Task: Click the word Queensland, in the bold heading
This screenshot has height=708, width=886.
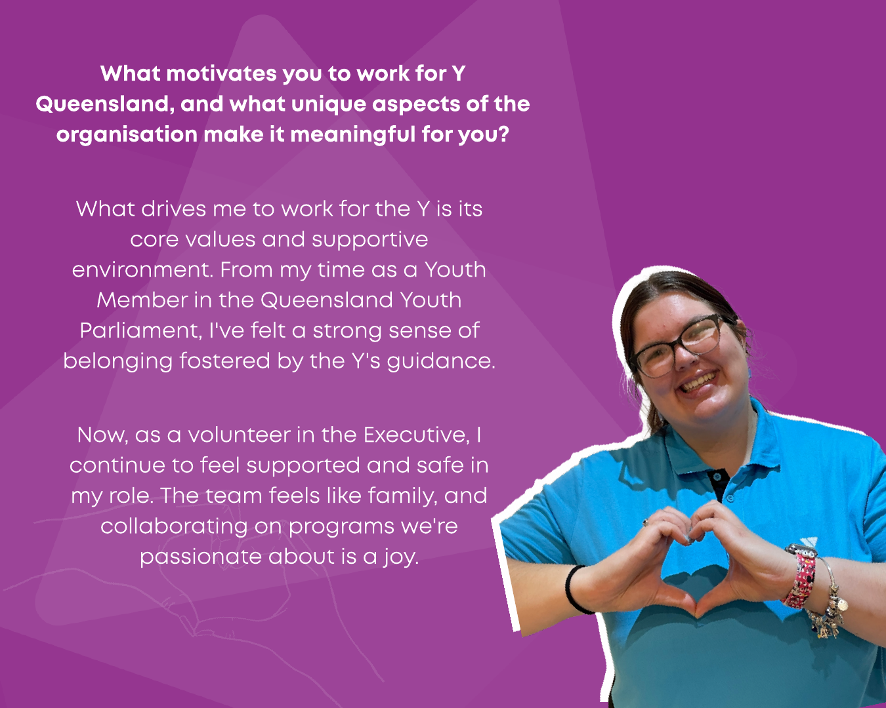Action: tap(102, 104)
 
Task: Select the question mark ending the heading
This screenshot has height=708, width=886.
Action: tap(503, 134)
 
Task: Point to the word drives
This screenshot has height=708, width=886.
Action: tap(173, 208)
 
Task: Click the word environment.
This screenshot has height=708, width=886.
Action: tap(142, 270)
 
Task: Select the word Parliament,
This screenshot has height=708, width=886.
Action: tap(141, 331)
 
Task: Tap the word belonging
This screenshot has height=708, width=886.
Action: tap(117, 361)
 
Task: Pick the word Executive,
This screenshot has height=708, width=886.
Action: tap(417, 435)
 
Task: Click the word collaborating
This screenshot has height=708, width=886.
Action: tap(174, 526)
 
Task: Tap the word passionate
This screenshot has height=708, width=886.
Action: tap(201, 557)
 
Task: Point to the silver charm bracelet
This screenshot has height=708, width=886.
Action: tap(830, 600)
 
